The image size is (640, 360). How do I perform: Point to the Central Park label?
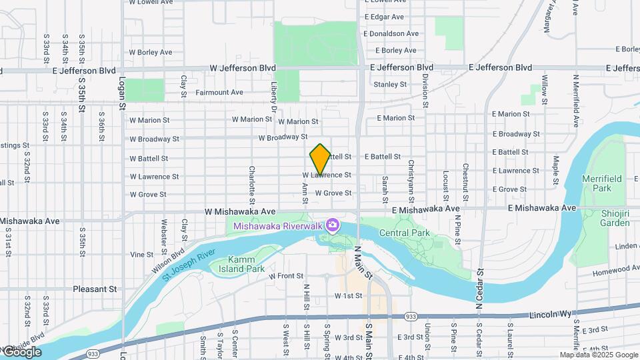(x=405, y=233)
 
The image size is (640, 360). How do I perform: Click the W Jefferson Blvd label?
(x=243, y=68)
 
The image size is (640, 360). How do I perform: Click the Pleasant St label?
(x=95, y=289)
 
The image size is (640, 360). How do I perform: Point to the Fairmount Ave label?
(x=219, y=92)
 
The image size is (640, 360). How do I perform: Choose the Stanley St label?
(x=390, y=85)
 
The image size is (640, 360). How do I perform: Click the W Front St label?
(x=286, y=275)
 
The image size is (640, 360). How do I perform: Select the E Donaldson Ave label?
(x=391, y=33)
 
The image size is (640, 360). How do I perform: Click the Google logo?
(x=21, y=352)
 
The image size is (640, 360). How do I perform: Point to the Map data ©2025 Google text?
(x=599, y=355)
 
